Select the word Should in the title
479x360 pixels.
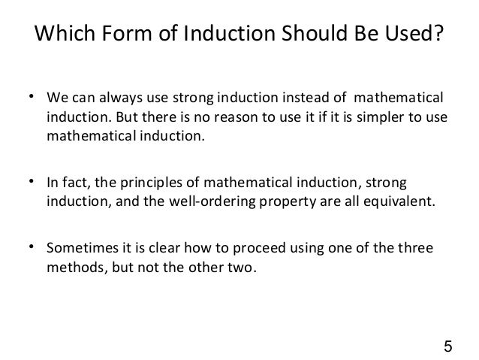pyautogui.click(x=315, y=35)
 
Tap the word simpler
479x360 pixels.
pyautogui.click(x=377, y=119)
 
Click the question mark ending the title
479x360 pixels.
pyautogui.click(x=438, y=35)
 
